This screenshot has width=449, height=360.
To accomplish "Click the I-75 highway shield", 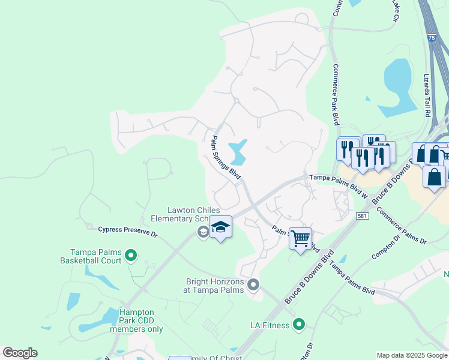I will tap(432, 37).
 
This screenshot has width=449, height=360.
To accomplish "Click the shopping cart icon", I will tap(300, 238).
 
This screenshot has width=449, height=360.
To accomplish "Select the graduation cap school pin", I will tap(220, 227).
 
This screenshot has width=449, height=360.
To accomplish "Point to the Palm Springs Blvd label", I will tap(225, 158).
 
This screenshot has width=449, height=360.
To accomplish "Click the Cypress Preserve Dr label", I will tap(119, 231).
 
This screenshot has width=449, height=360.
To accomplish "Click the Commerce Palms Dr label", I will tap(401, 225).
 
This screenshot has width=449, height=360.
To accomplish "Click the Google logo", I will tap(20, 353).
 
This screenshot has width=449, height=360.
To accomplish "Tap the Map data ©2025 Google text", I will tap(412, 355).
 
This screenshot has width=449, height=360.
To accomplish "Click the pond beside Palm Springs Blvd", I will tap(239, 151).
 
